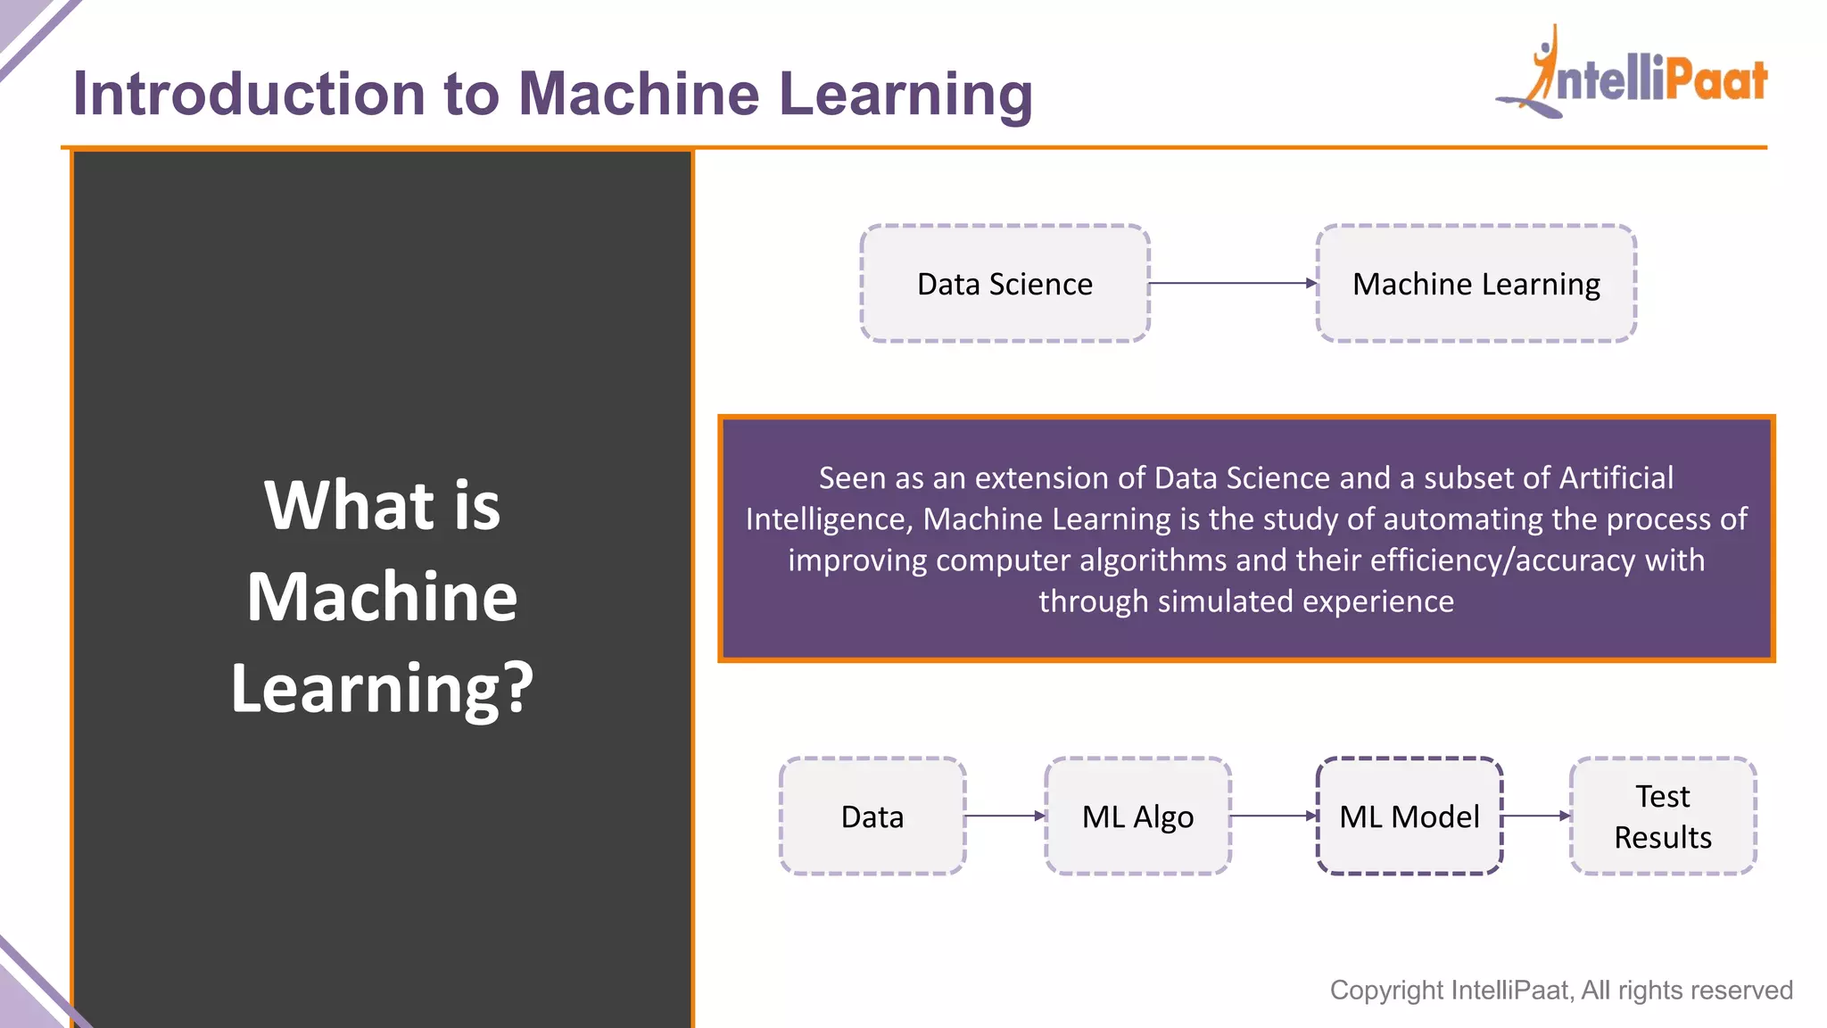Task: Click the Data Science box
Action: (x=1004, y=284)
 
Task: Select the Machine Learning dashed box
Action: (x=1476, y=284)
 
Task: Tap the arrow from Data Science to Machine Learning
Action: (x=1232, y=284)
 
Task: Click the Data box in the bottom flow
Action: (x=872, y=817)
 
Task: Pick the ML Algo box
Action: (x=1137, y=817)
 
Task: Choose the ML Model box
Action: (x=1409, y=817)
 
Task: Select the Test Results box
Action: (x=1662, y=817)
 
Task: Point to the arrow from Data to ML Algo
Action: (x=1004, y=816)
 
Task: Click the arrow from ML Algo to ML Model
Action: (x=1273, y=816)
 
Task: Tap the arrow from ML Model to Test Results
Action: (x=1535, y=816)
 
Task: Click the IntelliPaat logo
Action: (x=1633, y=76)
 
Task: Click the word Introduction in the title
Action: (x=249, y=95)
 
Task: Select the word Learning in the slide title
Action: (x=905, y=95)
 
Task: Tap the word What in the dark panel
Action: (x=348, y=505)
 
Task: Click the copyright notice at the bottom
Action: (x=1560, y=990)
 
